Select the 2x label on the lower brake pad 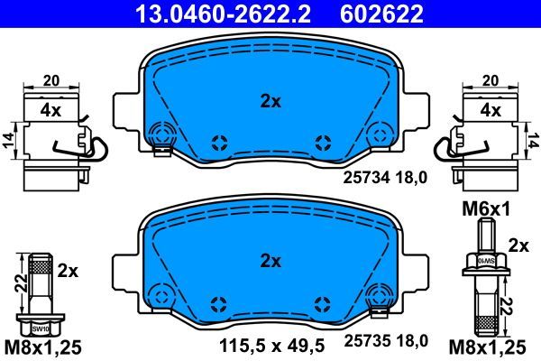[270, 262]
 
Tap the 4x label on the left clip [50, 111]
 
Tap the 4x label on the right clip [491, 111]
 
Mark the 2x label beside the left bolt [69, 270]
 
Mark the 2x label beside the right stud [518, 245]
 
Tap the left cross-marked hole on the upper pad [217, 142]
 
